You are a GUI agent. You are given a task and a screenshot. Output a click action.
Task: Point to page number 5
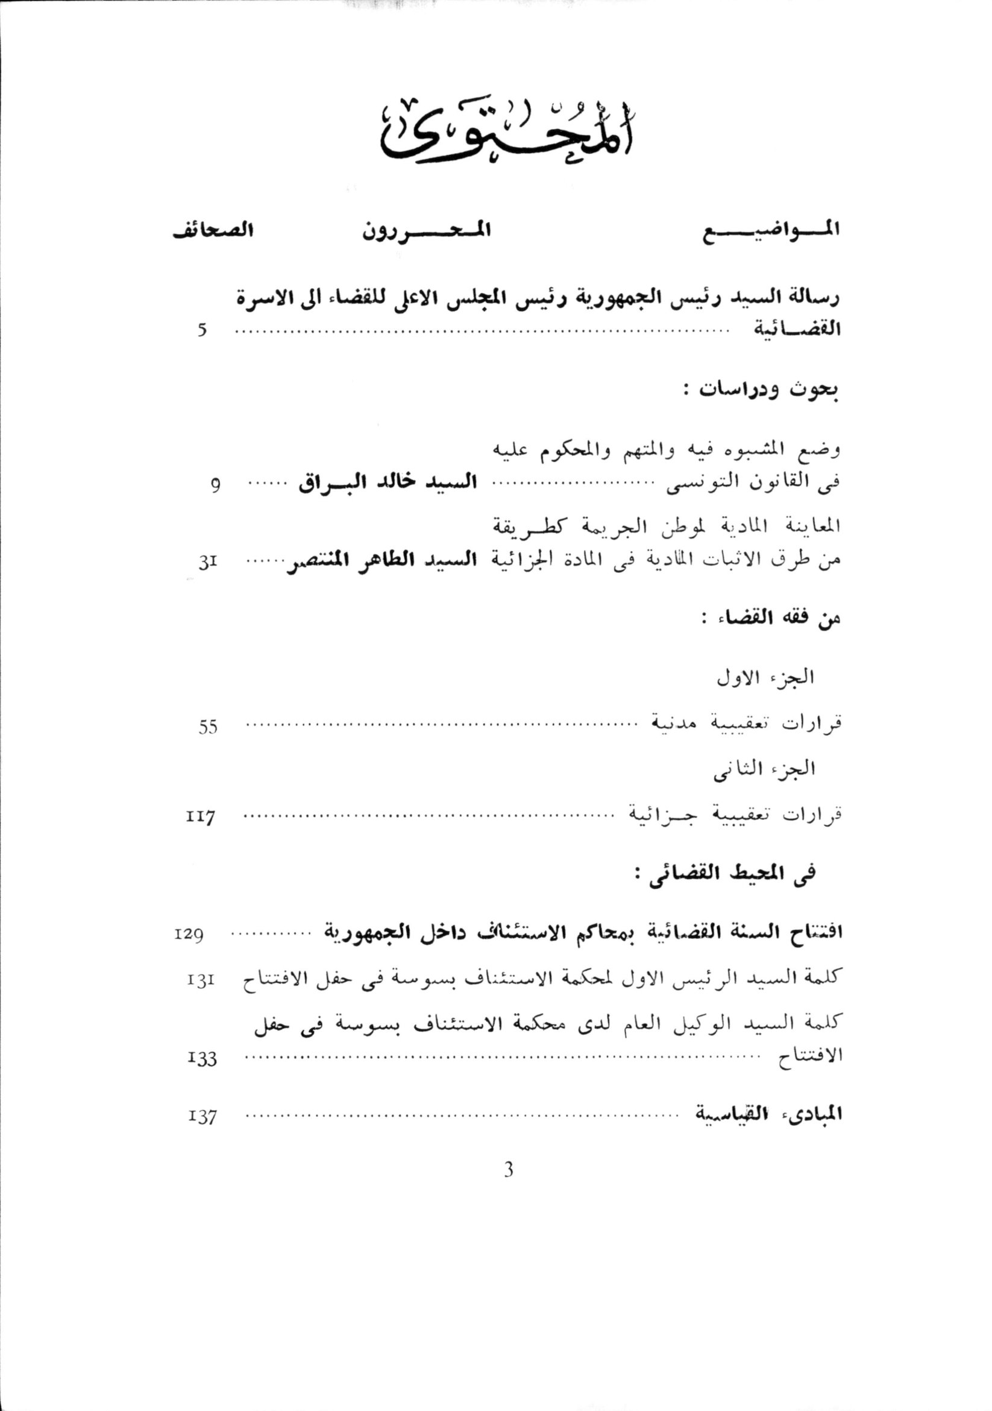tap(202, 330)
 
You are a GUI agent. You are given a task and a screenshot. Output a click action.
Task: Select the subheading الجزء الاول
tap(765, 677)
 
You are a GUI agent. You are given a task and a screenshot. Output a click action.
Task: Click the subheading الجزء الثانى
tap(764, 769)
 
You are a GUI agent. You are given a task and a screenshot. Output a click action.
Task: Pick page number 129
tap(189, 935)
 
